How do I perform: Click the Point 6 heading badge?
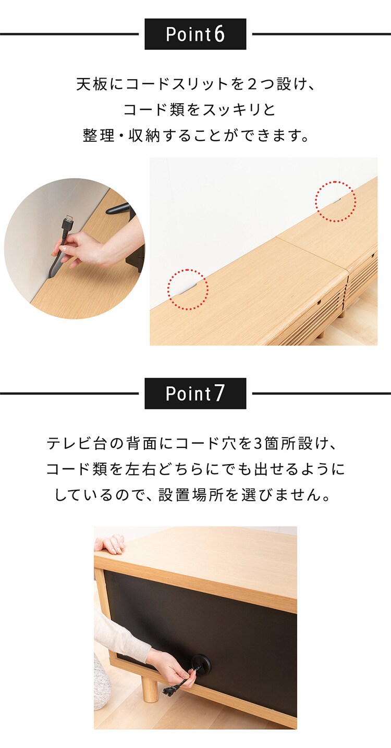[195, 34]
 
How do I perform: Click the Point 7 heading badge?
[195, 394]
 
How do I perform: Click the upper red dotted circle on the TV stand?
[335, 202]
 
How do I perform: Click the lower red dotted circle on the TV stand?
[188, 289]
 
